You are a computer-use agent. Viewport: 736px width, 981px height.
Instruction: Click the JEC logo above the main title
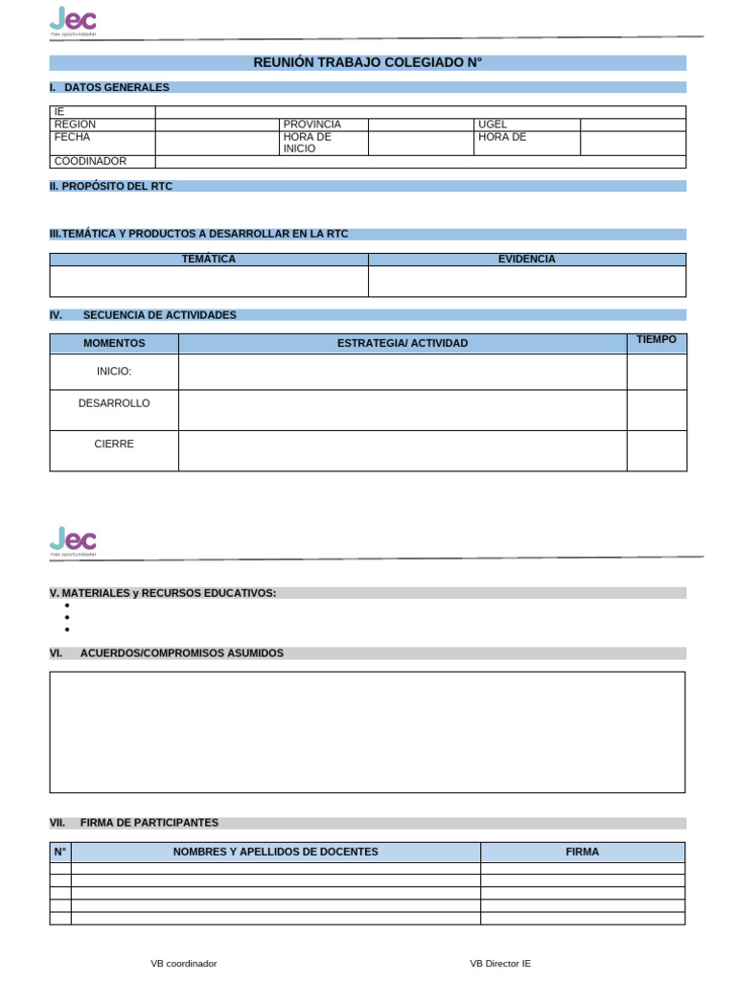[73, 20]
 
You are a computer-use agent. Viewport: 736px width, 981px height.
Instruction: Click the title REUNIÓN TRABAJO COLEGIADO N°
[367, 62]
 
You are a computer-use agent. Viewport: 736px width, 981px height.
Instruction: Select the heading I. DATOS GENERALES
[109, 87]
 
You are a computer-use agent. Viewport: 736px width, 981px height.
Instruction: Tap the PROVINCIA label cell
[312, 125]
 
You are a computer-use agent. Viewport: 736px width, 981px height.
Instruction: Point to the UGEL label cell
[493, 125]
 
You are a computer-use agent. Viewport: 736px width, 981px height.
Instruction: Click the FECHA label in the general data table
[73, 137]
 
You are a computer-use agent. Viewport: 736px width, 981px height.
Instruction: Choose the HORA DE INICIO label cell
[307, 143]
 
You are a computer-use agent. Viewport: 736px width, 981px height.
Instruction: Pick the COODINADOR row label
[90, 162]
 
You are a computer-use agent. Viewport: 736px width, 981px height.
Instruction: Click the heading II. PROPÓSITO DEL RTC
[111, 186]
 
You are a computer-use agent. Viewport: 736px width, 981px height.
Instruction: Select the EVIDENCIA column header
[526, 260]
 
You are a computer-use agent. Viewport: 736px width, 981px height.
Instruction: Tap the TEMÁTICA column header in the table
[208, 260]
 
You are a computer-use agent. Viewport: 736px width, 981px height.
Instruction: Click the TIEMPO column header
[655, 340]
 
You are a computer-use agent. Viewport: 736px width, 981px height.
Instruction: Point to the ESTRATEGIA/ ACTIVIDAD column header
[402, 343]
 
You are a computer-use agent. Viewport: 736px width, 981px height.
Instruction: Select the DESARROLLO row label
[114, 403]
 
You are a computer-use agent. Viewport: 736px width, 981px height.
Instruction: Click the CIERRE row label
[114, 445]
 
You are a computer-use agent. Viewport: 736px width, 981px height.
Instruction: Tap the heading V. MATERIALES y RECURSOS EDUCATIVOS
[163, 593]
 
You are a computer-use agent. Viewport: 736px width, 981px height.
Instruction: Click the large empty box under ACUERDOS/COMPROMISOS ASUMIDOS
[367, 732]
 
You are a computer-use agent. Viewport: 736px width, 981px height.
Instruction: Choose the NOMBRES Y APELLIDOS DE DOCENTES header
[275, 852]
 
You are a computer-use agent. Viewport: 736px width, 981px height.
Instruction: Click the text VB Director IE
[500, 964]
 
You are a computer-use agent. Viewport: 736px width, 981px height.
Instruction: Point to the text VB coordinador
[183, 964]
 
